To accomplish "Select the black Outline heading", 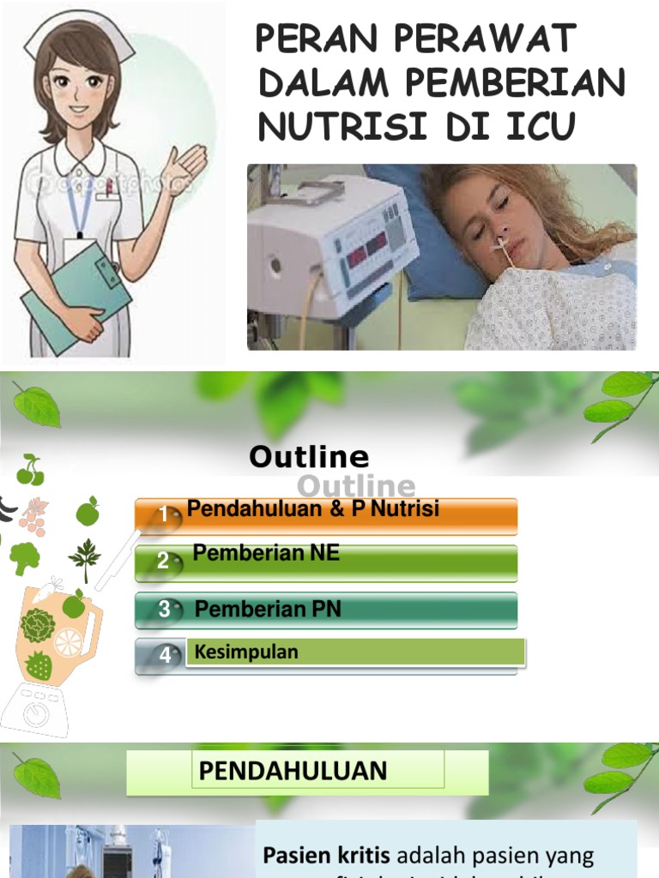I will pos(309,457).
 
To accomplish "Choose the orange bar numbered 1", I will pos(326,514).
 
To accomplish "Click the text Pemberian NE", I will pos(266,554).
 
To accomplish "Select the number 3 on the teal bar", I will pos(164,610).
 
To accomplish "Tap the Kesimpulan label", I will pos(246,652).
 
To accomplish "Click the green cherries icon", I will pos(30,470).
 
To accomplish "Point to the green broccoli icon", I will pos(24,557).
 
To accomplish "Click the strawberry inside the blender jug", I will pos(39,665).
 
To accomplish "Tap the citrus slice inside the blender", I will pos(68,642).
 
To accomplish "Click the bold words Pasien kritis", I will pos(326,855).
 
